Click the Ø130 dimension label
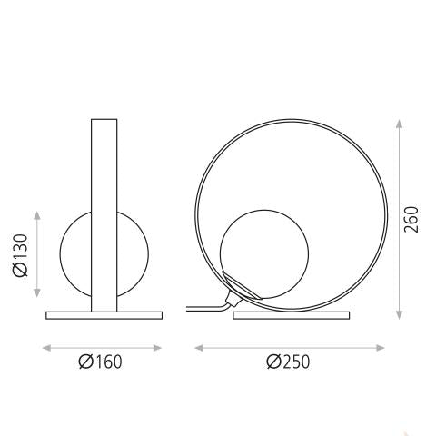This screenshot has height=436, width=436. (x=21, y=255)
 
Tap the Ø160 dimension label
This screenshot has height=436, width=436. (x=101, y=362)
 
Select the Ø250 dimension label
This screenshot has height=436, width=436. (x=288, y=362)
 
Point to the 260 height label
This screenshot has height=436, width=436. (x=411, y=220)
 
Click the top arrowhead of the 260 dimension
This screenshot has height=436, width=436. (x=399, y=124)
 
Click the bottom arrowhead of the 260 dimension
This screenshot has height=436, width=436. (x=399, y=315)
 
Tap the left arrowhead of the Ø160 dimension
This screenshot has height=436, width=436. (x=47, y=348)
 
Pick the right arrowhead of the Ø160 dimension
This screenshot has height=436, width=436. (x=157, y=348)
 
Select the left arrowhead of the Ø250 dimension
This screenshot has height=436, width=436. (x=199, y=348)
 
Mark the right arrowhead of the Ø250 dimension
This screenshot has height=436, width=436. (x=381, y=348)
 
